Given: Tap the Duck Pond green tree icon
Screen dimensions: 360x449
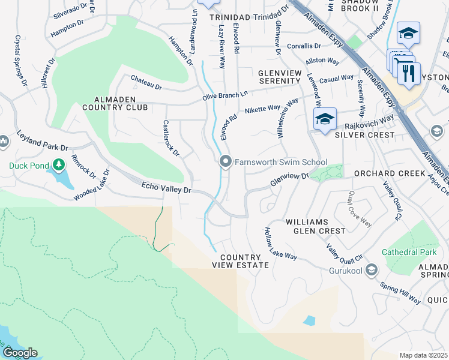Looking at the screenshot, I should [58, 164].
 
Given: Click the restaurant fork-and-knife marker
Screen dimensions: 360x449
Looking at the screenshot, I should [408, 74].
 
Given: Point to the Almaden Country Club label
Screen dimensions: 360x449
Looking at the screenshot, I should [115, 103].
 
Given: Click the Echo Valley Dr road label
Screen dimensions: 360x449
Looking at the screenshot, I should [165, 188].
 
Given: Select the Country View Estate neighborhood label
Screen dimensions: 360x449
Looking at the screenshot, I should [240, 260].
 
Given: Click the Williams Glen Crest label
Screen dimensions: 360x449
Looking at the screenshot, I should [315, 226].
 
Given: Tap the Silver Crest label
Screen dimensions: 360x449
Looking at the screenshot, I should [364, 135].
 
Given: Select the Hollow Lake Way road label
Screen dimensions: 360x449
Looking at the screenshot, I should [281, 244].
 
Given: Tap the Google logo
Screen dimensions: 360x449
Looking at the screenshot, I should [19, 353].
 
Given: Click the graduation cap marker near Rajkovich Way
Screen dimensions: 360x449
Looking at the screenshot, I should [324, 119].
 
